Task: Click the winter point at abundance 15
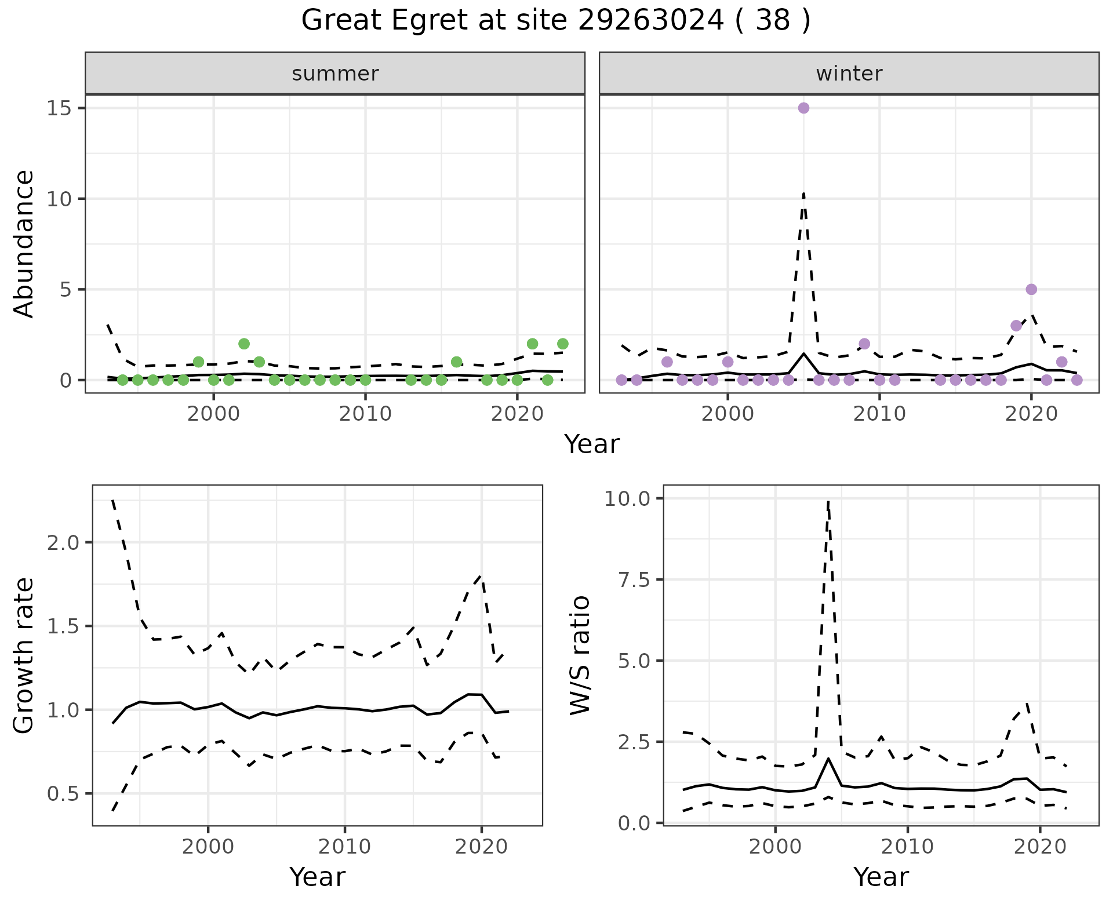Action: point(803,108)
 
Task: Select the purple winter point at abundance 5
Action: point(1031,289)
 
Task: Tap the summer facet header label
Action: point(335,74)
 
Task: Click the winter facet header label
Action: point(849,74)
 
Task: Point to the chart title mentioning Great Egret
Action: point(556,21)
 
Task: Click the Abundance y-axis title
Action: point(24,243)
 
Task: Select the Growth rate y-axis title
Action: point(24,655)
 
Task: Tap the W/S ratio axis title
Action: point(580,655)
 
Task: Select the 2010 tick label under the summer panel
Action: point(365,414)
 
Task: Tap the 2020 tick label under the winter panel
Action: point(1031,414)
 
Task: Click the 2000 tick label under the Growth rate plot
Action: point(208,847)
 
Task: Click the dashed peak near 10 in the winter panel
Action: point(803,194)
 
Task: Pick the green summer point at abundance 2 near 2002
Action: point(244,344)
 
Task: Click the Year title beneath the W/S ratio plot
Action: point(881,877)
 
